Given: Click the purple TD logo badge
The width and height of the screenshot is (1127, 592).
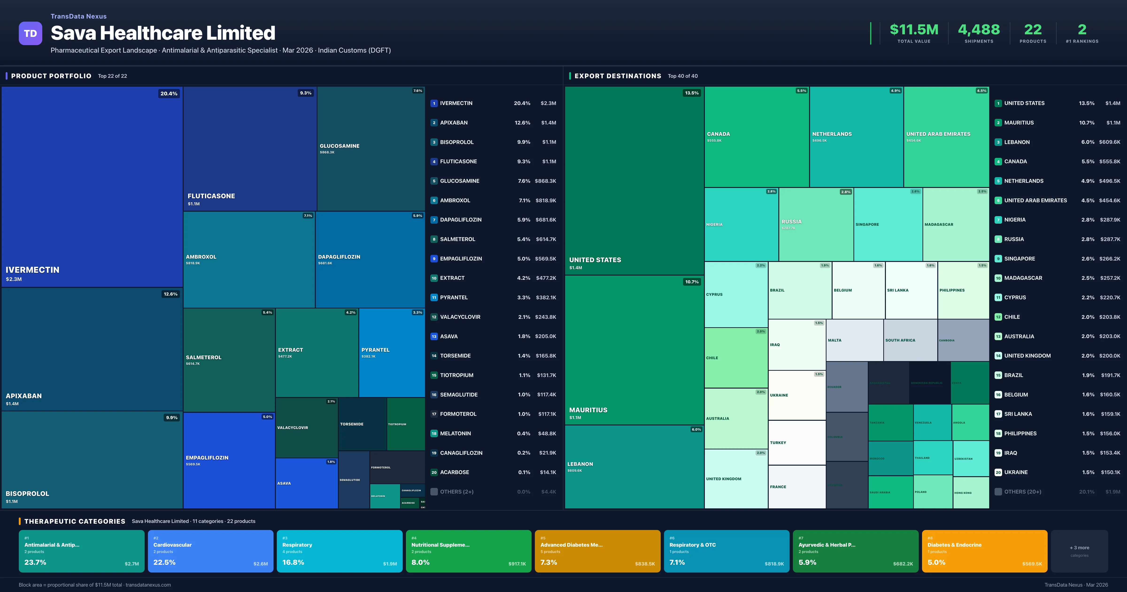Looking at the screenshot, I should coord(30,33).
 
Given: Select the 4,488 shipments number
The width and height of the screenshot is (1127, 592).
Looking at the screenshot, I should coord(979,30).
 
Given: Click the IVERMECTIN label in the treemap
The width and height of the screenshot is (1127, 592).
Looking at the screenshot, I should coord(32,270).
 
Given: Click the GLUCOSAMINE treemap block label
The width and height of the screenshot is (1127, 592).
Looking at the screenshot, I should coord(340,146).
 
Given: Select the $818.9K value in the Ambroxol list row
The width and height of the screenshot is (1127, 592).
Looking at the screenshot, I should coord(546,200).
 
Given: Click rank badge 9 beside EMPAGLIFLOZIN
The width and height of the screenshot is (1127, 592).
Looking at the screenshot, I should coord(434,259).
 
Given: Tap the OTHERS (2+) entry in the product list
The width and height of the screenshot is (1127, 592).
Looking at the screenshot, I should coord(456,492).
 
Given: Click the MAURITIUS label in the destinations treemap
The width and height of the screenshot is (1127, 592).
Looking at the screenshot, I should coord(588,410).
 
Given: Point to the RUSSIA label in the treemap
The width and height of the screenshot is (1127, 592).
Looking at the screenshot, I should coord(791,222).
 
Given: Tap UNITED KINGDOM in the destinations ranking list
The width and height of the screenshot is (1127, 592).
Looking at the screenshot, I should coord(1027,355).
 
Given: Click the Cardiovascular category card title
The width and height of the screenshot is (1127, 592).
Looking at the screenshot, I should coord(172,545).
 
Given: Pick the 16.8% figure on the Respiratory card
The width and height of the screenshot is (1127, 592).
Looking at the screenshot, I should coord(293,562).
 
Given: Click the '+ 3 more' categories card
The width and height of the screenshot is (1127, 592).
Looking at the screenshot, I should coord(1079,551).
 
